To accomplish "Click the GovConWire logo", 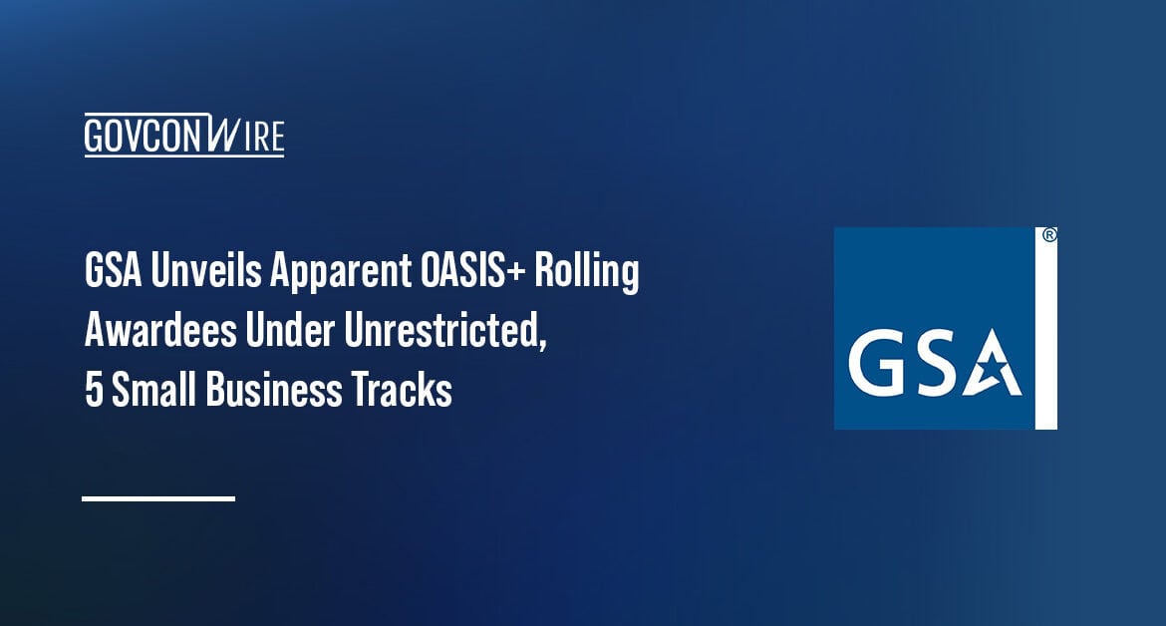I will click(184, 135).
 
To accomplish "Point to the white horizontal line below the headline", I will click(158, 497).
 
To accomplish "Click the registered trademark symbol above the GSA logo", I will click(1049, 236).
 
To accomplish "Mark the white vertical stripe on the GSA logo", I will click(1046, 339).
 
